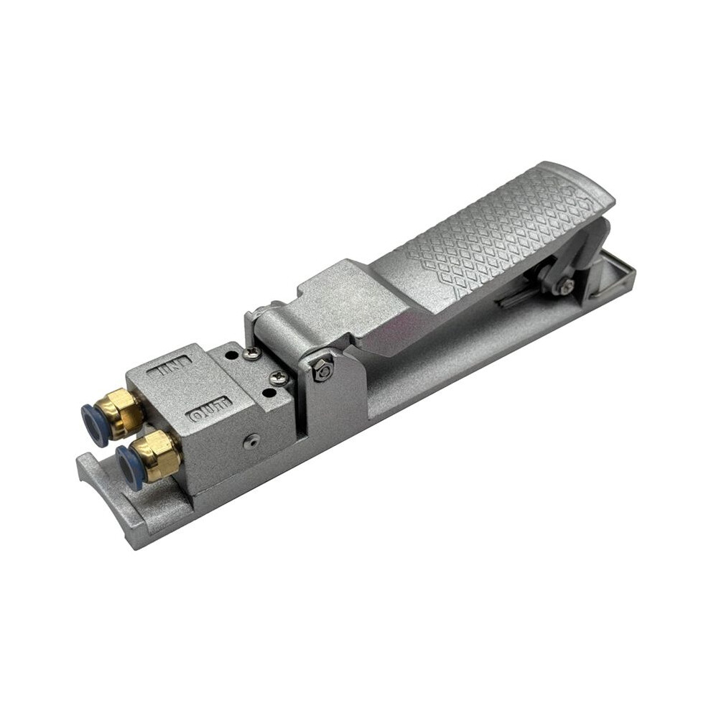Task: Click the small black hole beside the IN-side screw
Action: point(232,355)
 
